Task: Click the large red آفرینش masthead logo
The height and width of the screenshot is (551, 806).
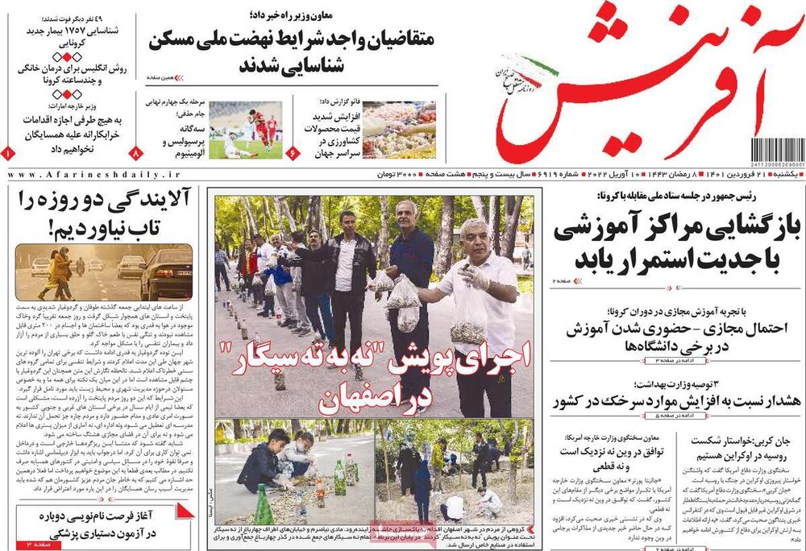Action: click(x=645, y=81)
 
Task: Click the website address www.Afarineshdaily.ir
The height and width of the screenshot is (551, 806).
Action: click(x=95, y=175)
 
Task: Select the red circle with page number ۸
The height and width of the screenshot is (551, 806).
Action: click(x=136, y=151)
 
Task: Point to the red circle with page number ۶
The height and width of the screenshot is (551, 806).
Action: click(x=293, y=151)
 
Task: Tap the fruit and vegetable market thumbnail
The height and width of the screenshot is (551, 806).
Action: click(x=398, y=129)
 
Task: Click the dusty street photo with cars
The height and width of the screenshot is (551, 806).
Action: click(x=104, y=272)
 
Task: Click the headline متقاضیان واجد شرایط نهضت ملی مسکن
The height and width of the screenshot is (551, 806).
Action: click(x=294, y=52)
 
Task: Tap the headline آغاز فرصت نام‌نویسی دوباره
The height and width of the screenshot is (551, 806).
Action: click(x=105, y=524)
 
